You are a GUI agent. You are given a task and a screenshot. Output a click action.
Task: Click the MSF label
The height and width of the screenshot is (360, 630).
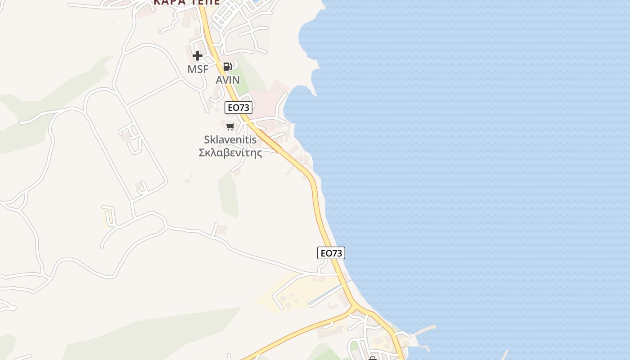(x=198, y=69)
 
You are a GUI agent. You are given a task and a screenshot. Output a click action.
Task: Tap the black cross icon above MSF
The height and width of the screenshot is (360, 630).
(x=198, y=56)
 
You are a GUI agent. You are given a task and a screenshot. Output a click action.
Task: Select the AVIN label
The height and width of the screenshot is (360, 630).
(x=228, y=80)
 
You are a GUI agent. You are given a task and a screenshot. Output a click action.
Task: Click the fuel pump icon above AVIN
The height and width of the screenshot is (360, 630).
(x=228, y=67)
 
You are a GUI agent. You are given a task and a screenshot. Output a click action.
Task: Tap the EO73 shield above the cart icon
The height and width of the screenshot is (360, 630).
(x=238, y=108)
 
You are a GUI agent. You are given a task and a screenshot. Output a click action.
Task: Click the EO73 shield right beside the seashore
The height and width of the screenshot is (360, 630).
(x=331, y=253)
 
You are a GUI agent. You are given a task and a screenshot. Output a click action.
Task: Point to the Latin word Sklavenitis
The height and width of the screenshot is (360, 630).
(x=230, y=139)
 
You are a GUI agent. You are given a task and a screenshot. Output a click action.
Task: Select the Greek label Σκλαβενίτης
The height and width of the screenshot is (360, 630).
(x=230, y=153)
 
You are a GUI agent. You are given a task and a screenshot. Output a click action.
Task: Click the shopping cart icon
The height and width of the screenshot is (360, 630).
(x=230, y=126)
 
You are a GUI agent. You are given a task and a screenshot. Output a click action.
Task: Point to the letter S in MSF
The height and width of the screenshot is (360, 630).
(x=198, y=69)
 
